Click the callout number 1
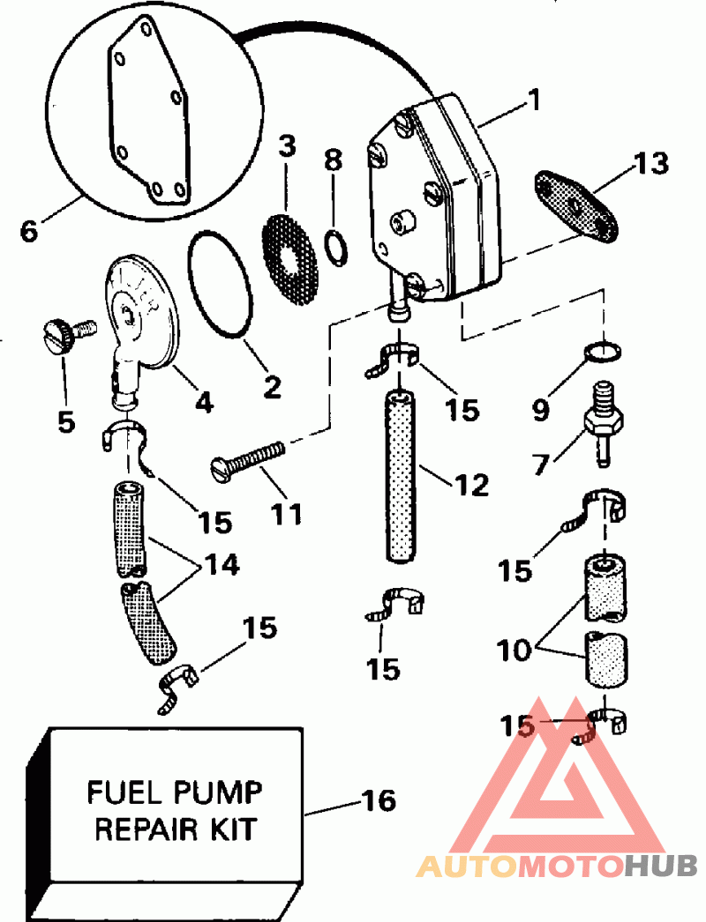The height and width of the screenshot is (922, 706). (535, 100)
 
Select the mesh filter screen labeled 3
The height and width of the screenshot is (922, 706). (289, 260)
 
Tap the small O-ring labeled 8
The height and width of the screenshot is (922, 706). (336, 248)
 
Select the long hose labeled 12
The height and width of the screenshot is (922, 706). (400, 475)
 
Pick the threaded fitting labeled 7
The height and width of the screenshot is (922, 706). (603, 423)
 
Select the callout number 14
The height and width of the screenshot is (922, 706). (221, 566)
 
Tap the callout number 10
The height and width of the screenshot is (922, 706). (514, 650)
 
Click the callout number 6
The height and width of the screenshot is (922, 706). (28, 230)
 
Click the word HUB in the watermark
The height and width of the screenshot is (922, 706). (661, 865)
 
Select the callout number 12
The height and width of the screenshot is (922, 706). (471, 485)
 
